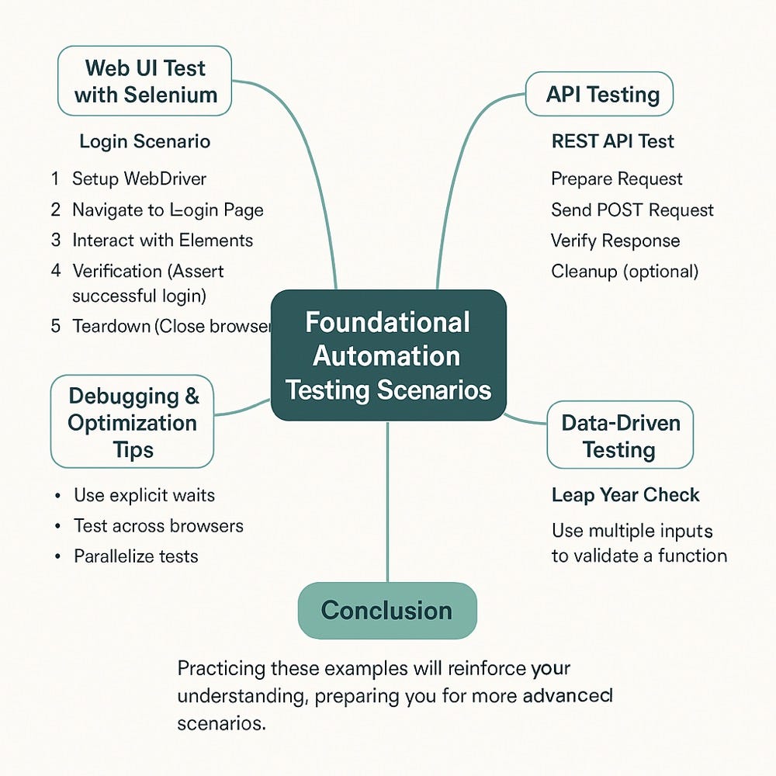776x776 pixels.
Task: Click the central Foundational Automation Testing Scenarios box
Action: pos(388,355)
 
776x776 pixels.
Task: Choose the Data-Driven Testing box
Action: pos(619,435)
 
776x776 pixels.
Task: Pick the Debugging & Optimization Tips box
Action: pos(132,422)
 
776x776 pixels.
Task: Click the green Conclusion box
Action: pos(386,610)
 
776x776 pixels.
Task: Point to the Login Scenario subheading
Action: pos(144,142)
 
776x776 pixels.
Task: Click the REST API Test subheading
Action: pos(612,141)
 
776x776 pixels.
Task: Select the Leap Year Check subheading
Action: pos(625,495)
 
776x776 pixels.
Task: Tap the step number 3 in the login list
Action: pos(56,241)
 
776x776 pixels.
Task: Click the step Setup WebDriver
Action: pos(139,179)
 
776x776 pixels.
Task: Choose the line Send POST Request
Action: pos(632,210)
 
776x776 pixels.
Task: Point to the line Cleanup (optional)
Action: pos(624,272)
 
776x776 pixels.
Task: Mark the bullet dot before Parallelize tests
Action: pos(57,557)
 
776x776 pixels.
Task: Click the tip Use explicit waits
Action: pos(144,495)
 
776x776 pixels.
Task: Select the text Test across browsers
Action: pos(158,526)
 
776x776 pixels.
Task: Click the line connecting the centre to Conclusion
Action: pos(387,504)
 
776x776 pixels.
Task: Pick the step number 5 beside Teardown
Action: pos(56,326)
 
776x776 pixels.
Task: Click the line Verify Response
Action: pos(615,241)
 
